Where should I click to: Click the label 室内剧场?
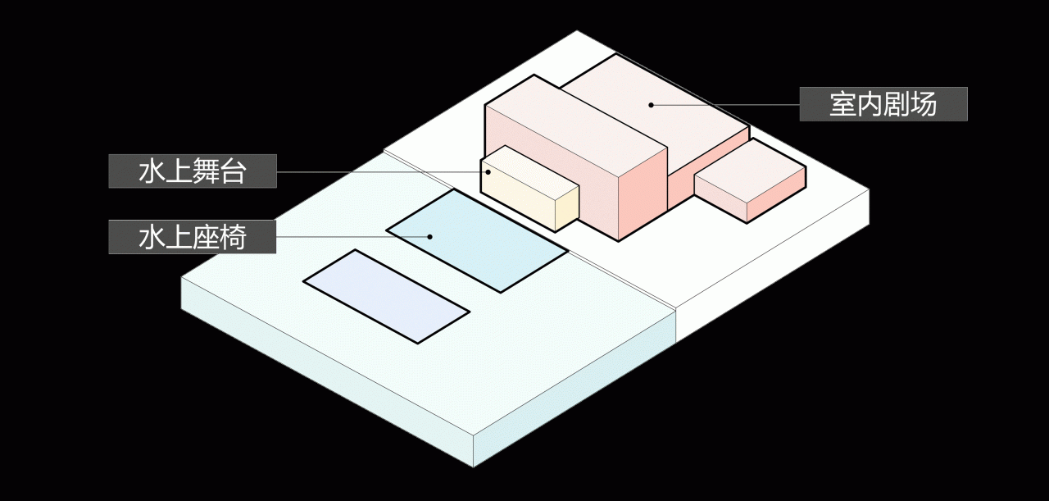(883, 104)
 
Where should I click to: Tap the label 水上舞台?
(193, 171)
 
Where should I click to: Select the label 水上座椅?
(192, 237)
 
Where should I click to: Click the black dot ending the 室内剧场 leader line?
(651, 105)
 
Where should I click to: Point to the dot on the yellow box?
(488, 172)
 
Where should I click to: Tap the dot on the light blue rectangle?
(430, 237)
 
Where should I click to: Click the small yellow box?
(529, 188)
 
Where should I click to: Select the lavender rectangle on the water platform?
(386, 296)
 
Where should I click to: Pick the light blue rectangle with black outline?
(477, 241)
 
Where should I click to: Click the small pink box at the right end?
(750, 180)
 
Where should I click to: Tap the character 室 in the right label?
(843, 104)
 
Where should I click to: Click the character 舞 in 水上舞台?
(206, 171)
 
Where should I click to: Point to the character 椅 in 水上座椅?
(232, 237)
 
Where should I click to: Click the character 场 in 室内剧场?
(923, 104)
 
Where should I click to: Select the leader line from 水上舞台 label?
(382, 172)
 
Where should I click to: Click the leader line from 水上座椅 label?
(352, 237)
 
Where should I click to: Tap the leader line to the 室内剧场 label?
(725, 105)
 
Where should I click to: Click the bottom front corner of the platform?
(473, 467)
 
